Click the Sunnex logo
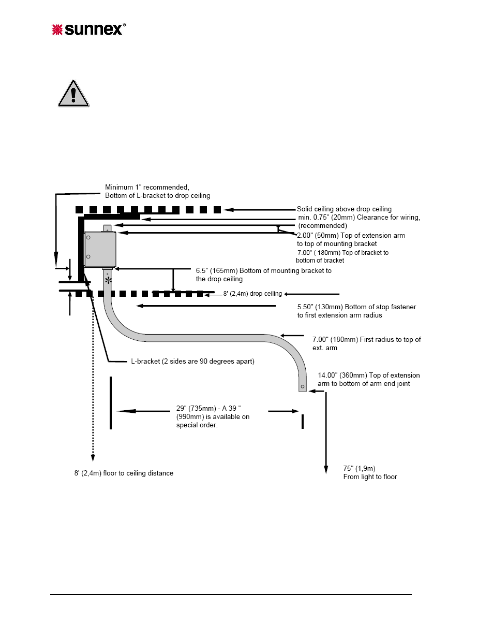tap(89, 30)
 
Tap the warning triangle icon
tap(74, 94)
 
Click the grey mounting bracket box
tap(100, 249)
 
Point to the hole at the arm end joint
tap(303, 386)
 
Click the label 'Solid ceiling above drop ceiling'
tap(344, 209)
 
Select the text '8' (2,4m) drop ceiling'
tap(253, 294)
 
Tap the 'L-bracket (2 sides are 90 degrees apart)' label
tap(193, 361)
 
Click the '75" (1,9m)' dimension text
tap(359, 468)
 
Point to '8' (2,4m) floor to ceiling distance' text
tap(124, 473)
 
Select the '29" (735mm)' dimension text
tap(196, 408)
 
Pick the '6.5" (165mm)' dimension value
tap(217, 270)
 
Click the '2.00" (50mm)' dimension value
tap(318, 236)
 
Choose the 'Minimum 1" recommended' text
tap(147, 187)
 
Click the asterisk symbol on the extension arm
tap(108, 280)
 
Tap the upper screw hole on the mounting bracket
tap(88, 237)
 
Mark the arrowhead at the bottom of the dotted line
tap(93, 457)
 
